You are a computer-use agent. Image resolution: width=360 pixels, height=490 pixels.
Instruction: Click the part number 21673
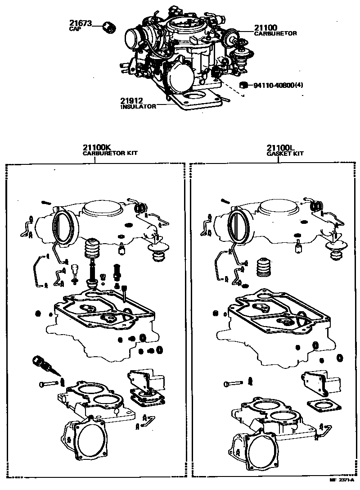[x=81, y=23]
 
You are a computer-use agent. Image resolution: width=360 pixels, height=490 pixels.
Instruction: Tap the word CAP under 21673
[x=75, y=29]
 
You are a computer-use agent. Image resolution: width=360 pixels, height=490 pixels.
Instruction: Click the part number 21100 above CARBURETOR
[x=265, y=27]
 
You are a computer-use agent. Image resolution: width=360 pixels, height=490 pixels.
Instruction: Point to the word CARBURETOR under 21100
[x=275, y=33]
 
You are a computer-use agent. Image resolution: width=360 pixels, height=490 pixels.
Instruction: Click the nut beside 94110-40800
[x=243, y=85]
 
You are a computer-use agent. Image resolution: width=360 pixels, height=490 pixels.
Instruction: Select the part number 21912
[x=131, y=101]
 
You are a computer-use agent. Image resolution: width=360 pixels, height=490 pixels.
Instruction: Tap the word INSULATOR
[x=138, y=107]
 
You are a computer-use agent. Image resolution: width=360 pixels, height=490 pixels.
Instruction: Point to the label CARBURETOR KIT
[x=110, y=154]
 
